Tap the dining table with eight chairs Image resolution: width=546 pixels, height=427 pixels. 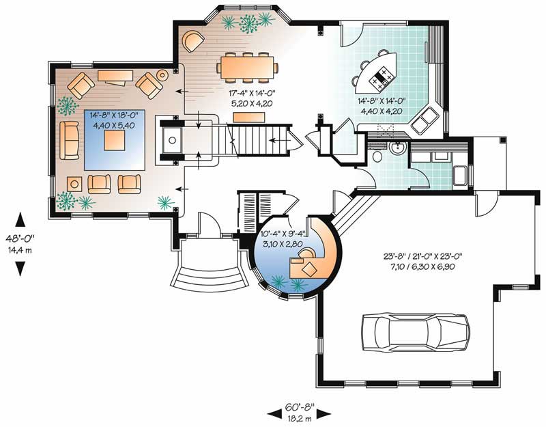tap(248, 68)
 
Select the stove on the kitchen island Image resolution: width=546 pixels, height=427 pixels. tap(382, 79)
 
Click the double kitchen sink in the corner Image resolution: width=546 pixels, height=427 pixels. tap(424, 120)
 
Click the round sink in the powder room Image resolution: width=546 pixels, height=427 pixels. tap(397, 148)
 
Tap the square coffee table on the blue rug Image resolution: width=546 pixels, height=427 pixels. tap(115, 140)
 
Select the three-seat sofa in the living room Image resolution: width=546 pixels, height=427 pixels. tap(70, 141)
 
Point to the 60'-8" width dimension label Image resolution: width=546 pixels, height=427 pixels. tap(300, 406)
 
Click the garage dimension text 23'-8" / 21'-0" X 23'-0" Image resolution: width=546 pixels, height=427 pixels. tap(422, 257)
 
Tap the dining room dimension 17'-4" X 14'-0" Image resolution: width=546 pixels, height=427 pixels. tap(252, 94)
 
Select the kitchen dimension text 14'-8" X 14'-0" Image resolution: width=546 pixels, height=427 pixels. tap(382, 101)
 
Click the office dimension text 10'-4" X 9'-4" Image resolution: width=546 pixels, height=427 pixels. tap(283, 234)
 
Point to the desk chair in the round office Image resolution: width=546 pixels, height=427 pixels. tap(307, 253)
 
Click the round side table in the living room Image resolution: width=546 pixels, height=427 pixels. tap(162, 74)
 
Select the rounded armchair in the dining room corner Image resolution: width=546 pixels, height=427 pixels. tap(192, 42)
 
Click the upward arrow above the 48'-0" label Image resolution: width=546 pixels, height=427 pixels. tap(20, 219)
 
